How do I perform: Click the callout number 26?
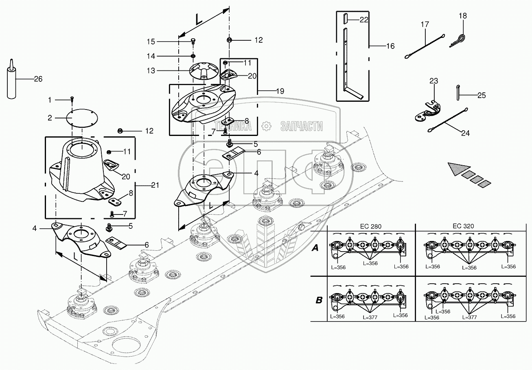coord(38,79)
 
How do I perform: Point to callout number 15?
coord(151,42)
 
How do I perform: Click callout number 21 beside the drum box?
coord(155,186)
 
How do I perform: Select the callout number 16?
coord(390,46)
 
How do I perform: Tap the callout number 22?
coord(363,19)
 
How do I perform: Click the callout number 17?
coord(425,24)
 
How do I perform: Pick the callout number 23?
coord(433,81)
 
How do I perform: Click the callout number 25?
coord(482,95)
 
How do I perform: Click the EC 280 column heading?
coord(370,227)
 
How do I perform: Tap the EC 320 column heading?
coord(463,227)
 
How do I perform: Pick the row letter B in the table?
coord(319,301)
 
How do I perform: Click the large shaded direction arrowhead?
coord(460,168)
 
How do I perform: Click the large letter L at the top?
coord(199,19)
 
